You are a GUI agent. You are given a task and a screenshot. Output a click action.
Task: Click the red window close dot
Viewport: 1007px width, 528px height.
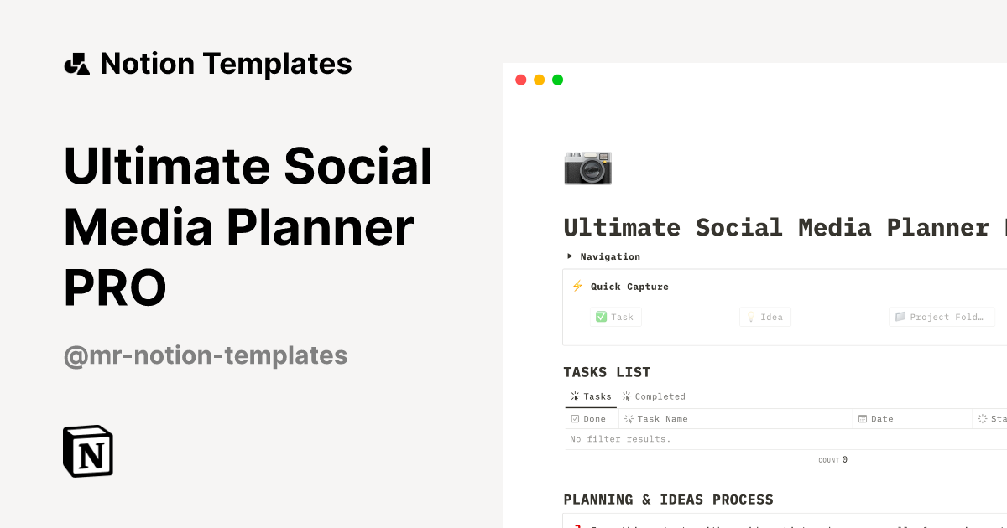(520, 80)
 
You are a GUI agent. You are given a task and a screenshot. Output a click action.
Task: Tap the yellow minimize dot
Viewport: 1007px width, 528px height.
(539, 80)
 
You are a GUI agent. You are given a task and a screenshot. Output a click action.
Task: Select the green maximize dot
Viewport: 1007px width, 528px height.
(557, 80)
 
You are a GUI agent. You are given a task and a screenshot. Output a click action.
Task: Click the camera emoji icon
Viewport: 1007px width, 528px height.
(587, 168)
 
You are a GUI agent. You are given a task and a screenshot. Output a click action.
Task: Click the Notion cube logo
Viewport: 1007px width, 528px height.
(88, 452)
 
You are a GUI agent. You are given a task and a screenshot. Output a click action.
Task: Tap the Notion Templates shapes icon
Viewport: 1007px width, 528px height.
(76, 64)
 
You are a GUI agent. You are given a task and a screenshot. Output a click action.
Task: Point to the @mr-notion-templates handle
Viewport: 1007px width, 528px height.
(206, 355)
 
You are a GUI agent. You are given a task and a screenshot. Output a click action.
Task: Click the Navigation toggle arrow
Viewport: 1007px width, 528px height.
(570, 256)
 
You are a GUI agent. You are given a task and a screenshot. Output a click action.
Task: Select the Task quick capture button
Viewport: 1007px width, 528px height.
(615, 317)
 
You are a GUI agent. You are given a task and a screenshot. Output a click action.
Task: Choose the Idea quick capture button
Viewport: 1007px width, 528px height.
(764, 317)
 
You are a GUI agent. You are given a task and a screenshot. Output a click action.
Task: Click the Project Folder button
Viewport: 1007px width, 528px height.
(941, 317)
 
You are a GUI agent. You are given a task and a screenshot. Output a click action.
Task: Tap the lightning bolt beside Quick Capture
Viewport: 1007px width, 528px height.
(577, 286)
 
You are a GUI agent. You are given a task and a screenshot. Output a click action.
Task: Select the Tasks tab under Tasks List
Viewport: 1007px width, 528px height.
(591, 396)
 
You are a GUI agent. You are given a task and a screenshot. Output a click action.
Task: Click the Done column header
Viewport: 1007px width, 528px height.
(588, 418)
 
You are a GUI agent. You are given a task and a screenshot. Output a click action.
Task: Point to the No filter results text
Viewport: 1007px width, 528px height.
(620, 439)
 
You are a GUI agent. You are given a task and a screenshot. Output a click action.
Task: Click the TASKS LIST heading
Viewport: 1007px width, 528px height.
(607, 372)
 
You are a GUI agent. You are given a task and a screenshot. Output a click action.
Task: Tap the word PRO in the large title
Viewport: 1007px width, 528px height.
(115, 287)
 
